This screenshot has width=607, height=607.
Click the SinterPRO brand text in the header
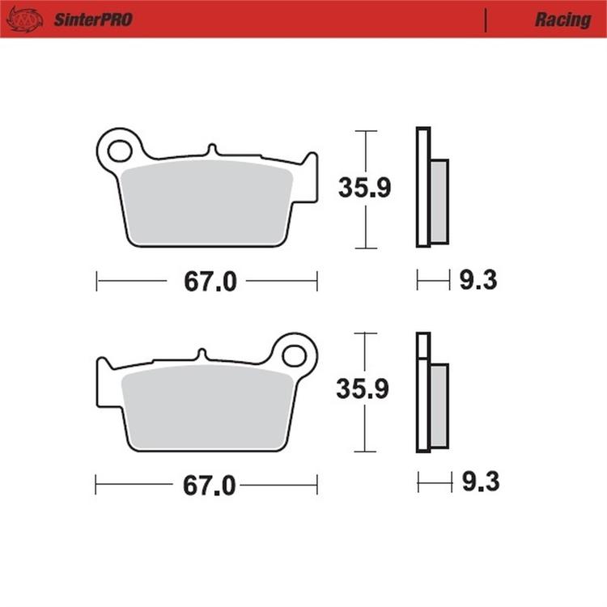coord(93,19)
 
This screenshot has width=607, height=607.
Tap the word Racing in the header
coord(562,19)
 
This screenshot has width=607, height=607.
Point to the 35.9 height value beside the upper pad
coord(364,189)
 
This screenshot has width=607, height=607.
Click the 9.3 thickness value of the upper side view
coord(478,281)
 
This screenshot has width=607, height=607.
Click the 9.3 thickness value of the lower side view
coord(480,483)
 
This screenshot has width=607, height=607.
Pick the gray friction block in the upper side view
coord(439,201)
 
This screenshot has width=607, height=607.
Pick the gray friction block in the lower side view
coord(439,405)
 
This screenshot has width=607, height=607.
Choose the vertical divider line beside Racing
coord(485,19)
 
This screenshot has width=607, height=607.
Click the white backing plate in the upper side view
coord(423,186)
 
